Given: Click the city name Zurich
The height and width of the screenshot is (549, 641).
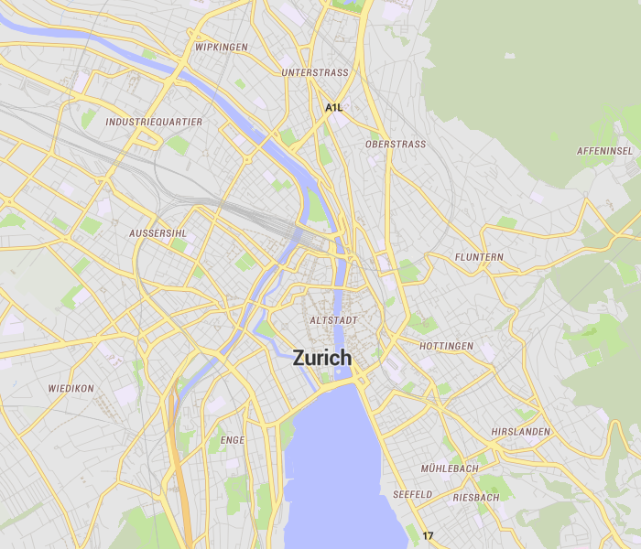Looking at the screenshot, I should [321, 358].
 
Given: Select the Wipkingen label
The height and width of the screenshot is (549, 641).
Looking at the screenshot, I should [222, 47].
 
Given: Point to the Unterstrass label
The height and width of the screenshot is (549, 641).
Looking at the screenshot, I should [315, 72].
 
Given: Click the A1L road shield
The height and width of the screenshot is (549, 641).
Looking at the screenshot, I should [333, 108].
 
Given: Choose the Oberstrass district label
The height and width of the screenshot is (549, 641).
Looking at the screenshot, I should [395, 145].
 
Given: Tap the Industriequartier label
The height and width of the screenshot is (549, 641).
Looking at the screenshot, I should [154, 121].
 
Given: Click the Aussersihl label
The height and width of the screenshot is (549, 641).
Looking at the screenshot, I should [158, 233].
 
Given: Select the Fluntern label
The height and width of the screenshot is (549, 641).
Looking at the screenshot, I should [479, 257].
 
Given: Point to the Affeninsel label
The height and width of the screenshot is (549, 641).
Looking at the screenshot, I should [604, 150].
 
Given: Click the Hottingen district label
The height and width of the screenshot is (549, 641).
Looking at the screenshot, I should [446, 346].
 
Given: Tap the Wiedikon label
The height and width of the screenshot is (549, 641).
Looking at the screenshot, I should [71, 388].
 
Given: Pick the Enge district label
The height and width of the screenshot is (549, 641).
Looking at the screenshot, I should [233, 440].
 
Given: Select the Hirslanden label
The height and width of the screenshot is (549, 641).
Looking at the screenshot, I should [520, 431].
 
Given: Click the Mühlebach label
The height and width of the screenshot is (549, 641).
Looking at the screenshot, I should [449, 468].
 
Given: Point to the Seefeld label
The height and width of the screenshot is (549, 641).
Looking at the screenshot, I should [412, 494].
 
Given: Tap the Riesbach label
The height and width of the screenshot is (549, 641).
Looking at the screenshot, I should [476, 498].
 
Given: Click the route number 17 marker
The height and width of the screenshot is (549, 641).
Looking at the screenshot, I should [428, 535].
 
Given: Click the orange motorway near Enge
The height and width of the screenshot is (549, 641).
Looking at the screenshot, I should [179, 476].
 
